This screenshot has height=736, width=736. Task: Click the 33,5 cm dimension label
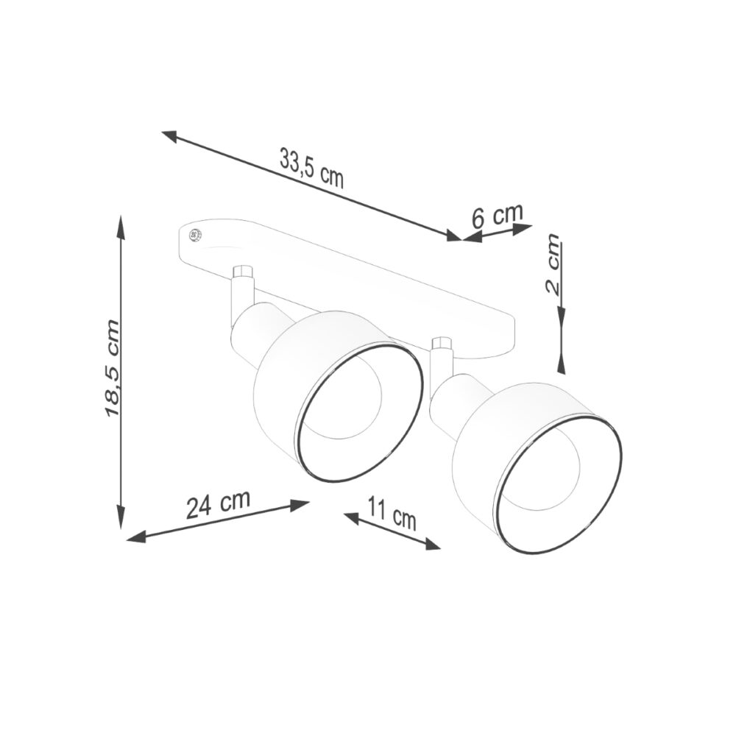pyautogui.click(x=311, y=168)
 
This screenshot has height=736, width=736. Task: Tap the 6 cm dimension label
pyautogui.click(x=497, y=215)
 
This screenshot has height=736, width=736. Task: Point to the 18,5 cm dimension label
pyautogui.click(x=112, y=368)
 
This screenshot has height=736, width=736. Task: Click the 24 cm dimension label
pyautogui.click(x=218, y=504)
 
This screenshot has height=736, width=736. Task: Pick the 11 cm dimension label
pyautogui.click(x=392, y=514)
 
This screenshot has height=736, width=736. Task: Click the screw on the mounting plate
pyautogui.click(x=194, y=236)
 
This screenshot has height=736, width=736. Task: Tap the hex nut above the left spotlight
pyautogui.click(x=243, y=272)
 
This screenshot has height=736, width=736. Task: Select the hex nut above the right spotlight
pyautogui.click(x=442, y=343)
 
